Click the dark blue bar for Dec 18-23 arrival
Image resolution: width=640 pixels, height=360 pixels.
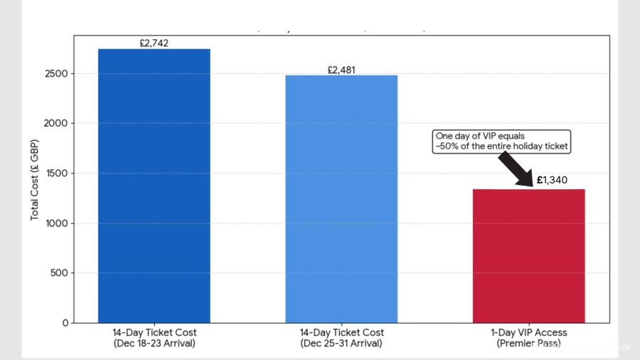point(154,185)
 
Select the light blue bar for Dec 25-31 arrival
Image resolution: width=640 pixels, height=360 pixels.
point(341,198)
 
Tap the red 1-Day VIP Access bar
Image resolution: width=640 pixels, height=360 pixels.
point(528,255)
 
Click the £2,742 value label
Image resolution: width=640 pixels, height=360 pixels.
point(154,43)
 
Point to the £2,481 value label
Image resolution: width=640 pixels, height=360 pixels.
point(341,70)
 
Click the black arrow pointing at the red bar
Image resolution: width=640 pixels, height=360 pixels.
point(516,169)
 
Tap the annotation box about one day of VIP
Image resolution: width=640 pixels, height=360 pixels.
point(502,141)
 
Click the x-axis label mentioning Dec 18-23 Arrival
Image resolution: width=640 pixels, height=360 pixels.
point(154,338)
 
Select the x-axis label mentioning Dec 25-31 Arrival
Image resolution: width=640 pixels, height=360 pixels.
point(341,338)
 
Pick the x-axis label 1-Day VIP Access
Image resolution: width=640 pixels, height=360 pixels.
point(528,333)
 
